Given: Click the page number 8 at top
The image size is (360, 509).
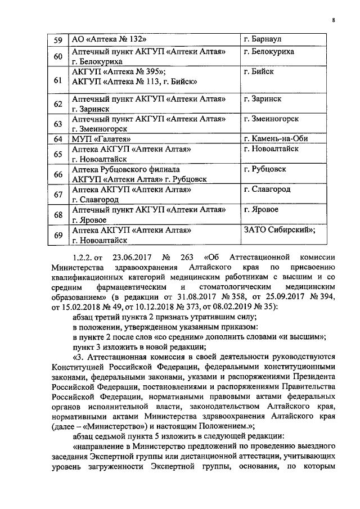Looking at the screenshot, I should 333,21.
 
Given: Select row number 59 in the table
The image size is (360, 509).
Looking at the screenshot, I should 57,40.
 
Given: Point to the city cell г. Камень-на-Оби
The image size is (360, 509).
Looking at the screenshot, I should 276,139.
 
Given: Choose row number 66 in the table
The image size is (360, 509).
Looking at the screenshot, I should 57,174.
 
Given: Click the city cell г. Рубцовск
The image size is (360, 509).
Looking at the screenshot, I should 265,169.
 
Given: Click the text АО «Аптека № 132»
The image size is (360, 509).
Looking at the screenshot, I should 110,40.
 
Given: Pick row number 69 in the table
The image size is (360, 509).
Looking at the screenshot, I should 57,235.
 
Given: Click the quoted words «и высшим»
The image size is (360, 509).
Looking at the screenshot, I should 299,336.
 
